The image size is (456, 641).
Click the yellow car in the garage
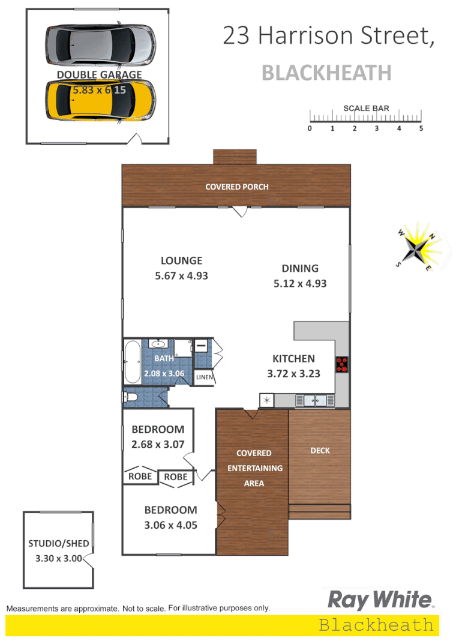[100, 100]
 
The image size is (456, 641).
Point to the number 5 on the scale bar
[421, 128]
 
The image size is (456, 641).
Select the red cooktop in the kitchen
[342, 364]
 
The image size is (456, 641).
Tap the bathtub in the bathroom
[132, 363]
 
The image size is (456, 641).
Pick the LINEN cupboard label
[203, 377]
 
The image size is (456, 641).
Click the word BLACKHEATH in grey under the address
[327, 73]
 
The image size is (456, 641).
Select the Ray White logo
[379, 600]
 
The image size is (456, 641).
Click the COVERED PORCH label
[236, 187]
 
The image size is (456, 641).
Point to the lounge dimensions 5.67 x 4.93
[181, 276]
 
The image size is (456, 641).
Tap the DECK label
[320, 450]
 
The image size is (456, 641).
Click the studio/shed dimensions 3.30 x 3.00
[58, 558]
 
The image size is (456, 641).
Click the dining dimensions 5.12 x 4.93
[300, 283]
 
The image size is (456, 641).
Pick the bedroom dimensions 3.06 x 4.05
[170, 524]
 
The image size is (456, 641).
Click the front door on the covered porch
[240, 211]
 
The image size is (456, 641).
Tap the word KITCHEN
[293, 359]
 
